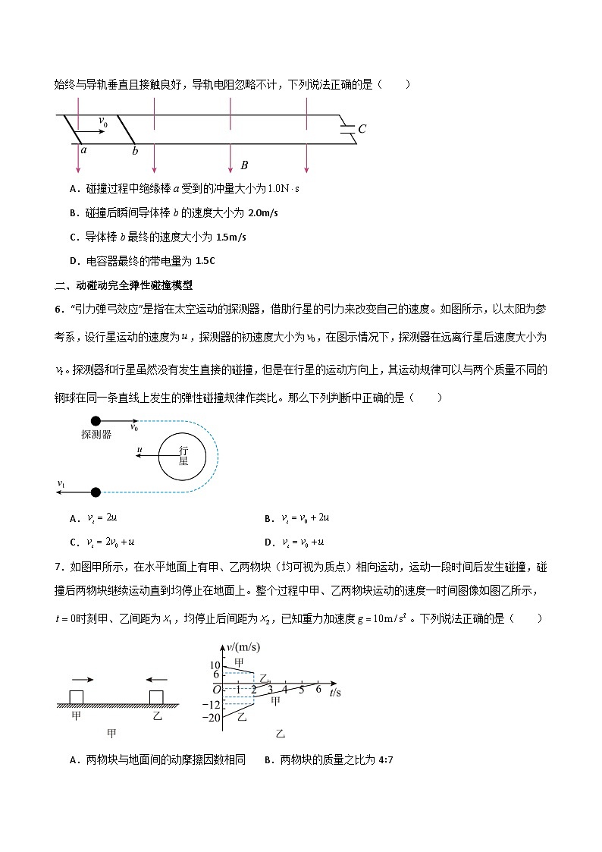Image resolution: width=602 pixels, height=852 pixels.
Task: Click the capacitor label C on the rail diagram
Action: tap(362, 129)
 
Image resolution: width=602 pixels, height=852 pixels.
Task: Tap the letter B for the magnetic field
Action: tap(244, 165)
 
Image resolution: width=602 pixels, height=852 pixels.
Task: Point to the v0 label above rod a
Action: tap(104, 121)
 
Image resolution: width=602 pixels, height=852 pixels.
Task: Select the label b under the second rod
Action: tap(135, 151)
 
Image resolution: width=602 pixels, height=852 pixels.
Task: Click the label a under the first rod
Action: tap(83, 150)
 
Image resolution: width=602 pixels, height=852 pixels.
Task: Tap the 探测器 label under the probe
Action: tap(96, 435)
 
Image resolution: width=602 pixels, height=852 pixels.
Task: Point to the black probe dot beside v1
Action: tap(96, 492)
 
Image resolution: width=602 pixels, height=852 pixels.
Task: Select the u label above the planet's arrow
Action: tap(140, 450)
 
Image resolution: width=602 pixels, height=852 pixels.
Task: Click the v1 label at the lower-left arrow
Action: tap(61, 483)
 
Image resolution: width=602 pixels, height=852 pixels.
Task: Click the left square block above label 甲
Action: tap(77, 697)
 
